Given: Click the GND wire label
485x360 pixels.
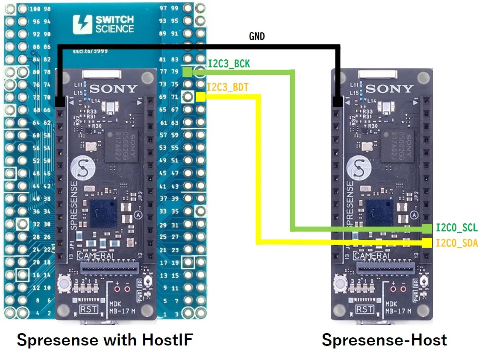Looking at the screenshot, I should [257, 37].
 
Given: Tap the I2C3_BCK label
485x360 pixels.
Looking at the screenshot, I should [229, 64].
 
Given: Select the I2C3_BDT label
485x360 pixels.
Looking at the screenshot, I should [227, 88].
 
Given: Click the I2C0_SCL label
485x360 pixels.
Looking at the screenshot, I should [456, 228].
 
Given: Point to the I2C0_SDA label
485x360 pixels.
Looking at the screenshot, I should [456, 243].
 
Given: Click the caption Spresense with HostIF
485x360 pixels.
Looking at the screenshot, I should [105, 340].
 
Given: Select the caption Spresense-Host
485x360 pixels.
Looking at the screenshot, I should [384, 340].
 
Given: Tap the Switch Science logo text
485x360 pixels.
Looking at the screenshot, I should [115, 24].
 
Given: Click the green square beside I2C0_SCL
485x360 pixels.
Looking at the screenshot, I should [427, 228].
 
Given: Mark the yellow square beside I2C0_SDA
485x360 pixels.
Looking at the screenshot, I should [427, 243].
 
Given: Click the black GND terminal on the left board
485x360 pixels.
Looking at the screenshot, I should [60, 102].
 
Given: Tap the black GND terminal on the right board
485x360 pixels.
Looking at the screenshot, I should [338, 102].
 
